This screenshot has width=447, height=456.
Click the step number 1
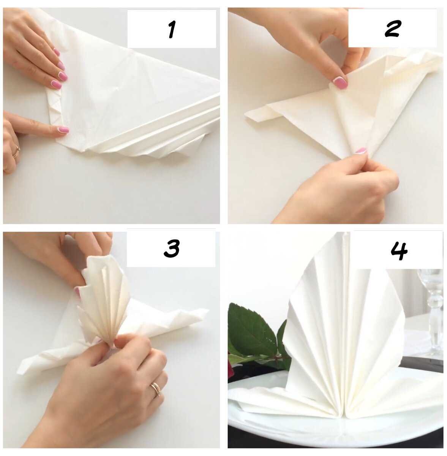coord(172,29)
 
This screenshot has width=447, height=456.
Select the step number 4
coord(399,251)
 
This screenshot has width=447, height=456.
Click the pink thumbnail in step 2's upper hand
coord(340,83)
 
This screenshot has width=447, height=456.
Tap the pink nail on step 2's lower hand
coord(361,151)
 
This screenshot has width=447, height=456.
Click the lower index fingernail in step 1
coord(63,130)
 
